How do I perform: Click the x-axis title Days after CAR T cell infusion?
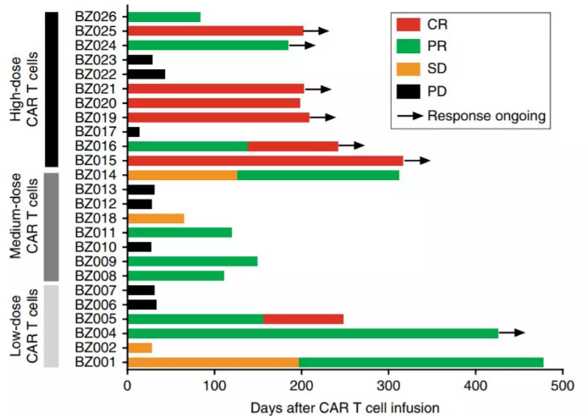pos(345,407)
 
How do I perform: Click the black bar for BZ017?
pos(133,131)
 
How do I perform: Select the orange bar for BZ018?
pos(156,218)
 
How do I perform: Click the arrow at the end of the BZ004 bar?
pos(512,333)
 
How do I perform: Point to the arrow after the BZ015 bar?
pos(417,160)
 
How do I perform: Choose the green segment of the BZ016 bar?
pos(187,145)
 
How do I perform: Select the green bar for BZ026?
pos(164,16)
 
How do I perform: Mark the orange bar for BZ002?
pos(140,348)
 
